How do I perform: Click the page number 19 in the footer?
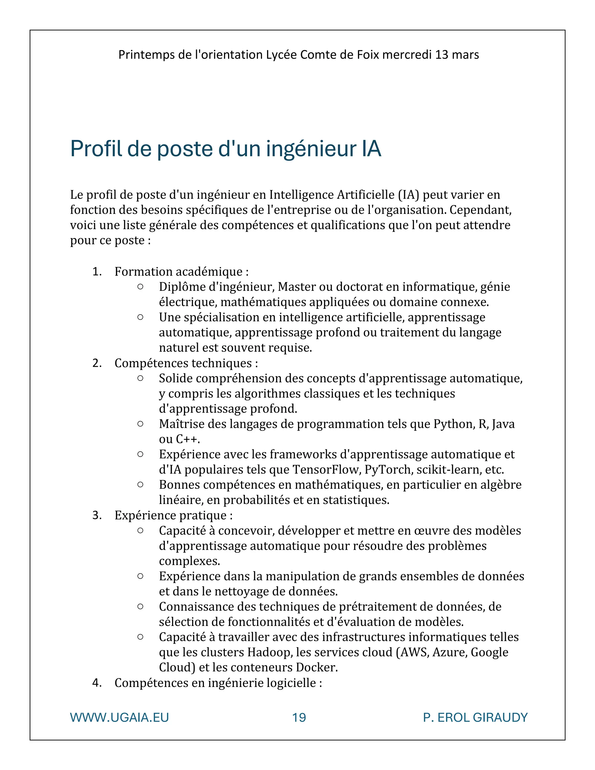coord(299,717)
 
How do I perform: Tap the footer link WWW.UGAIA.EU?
coord(119,717)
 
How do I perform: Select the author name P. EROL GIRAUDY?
coord(475,717)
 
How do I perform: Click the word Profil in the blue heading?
coord(96,149)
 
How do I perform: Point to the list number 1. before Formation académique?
coord(97,272)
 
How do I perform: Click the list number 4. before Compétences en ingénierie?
coord(97,683)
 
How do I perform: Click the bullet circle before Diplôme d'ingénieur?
coord(140,287)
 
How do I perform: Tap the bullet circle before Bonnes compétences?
coord(140,484)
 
